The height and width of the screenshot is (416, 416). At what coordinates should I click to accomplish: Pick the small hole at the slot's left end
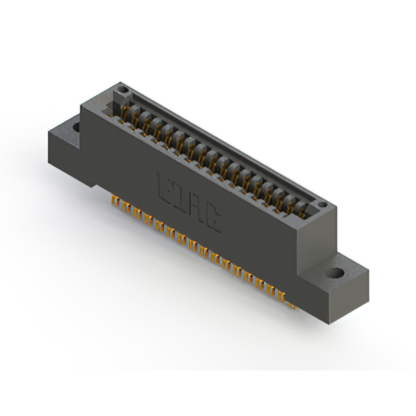pyautogui.click(x=122, y=90)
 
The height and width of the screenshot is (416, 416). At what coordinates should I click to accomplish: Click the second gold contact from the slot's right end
pyautogui.click(x=289, y=202)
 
